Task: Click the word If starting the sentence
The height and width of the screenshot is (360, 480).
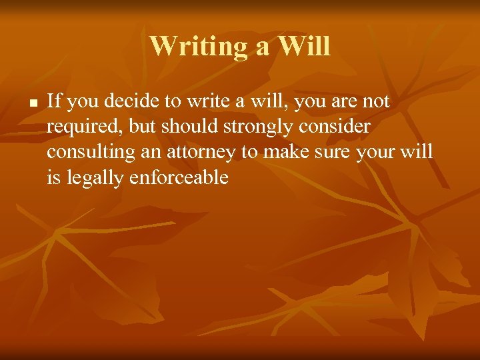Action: [55, 101]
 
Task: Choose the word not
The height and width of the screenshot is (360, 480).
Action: [375, 101]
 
